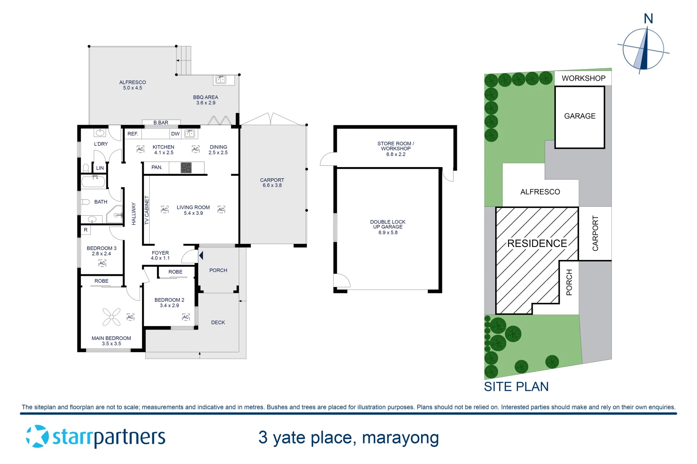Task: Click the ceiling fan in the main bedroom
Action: coord(111,317)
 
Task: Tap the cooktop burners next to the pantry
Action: coord(186,168)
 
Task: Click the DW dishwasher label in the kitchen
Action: coord(175,134)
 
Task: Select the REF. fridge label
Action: coord(133,134)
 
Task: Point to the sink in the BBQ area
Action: coord(221,79)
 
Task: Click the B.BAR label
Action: coord(161,123)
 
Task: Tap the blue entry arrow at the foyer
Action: coord(201,256)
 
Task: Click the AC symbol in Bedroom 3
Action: coord(102,263)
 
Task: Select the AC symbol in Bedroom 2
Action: coord(185,317)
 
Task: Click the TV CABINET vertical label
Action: coord(147,210)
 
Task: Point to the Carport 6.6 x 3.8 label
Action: coord(272,183)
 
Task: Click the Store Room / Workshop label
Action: coord(395,149)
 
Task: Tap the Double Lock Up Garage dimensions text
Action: coord(388,233)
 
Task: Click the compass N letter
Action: coord(648,19)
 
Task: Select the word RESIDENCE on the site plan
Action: coord(537,244)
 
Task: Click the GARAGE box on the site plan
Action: coord(580,116)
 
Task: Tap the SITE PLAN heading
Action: coord(516,387)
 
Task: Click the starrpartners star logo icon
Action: coord(37,437)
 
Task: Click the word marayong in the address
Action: coord(400,438)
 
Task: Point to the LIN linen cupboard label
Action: coord(100,168)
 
